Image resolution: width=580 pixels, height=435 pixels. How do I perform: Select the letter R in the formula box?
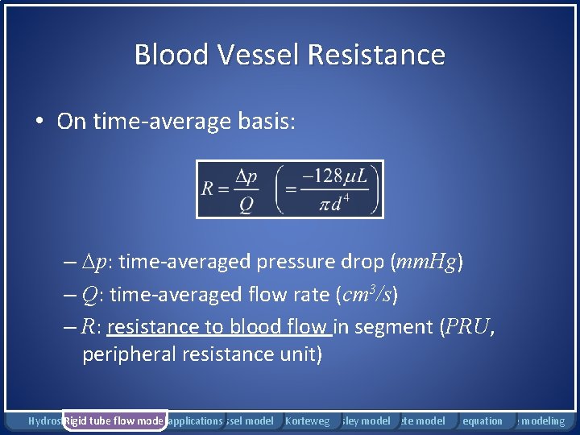tap(208, 189)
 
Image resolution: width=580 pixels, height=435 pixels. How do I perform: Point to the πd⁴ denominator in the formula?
tap(335, 203)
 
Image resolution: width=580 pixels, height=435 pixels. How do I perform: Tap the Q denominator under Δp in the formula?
tap(246, 205)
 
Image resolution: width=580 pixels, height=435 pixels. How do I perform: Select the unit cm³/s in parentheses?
tap(366, 294)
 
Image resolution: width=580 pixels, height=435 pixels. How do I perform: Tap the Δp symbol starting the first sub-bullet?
tap(98, 263)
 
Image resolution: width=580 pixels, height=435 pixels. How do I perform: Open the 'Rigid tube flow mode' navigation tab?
tap(114, 420)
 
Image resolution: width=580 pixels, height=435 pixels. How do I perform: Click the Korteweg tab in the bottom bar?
tap(307, 420)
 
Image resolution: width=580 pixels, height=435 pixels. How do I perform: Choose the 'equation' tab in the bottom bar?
tap(483, 420)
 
